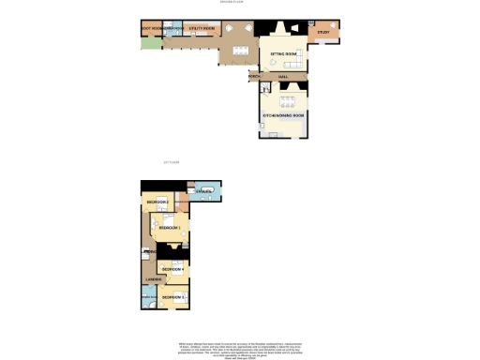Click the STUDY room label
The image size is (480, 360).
coord(323,33)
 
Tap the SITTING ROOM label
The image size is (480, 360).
coord(284,54)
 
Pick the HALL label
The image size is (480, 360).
coord(282,77)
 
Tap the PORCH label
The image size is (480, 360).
coord(254,77)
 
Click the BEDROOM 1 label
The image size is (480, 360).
coord(170,228)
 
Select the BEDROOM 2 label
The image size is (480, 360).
coord(156,202)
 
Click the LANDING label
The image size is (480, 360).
coord(153,279)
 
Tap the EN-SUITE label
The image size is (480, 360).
coord(203,191)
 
